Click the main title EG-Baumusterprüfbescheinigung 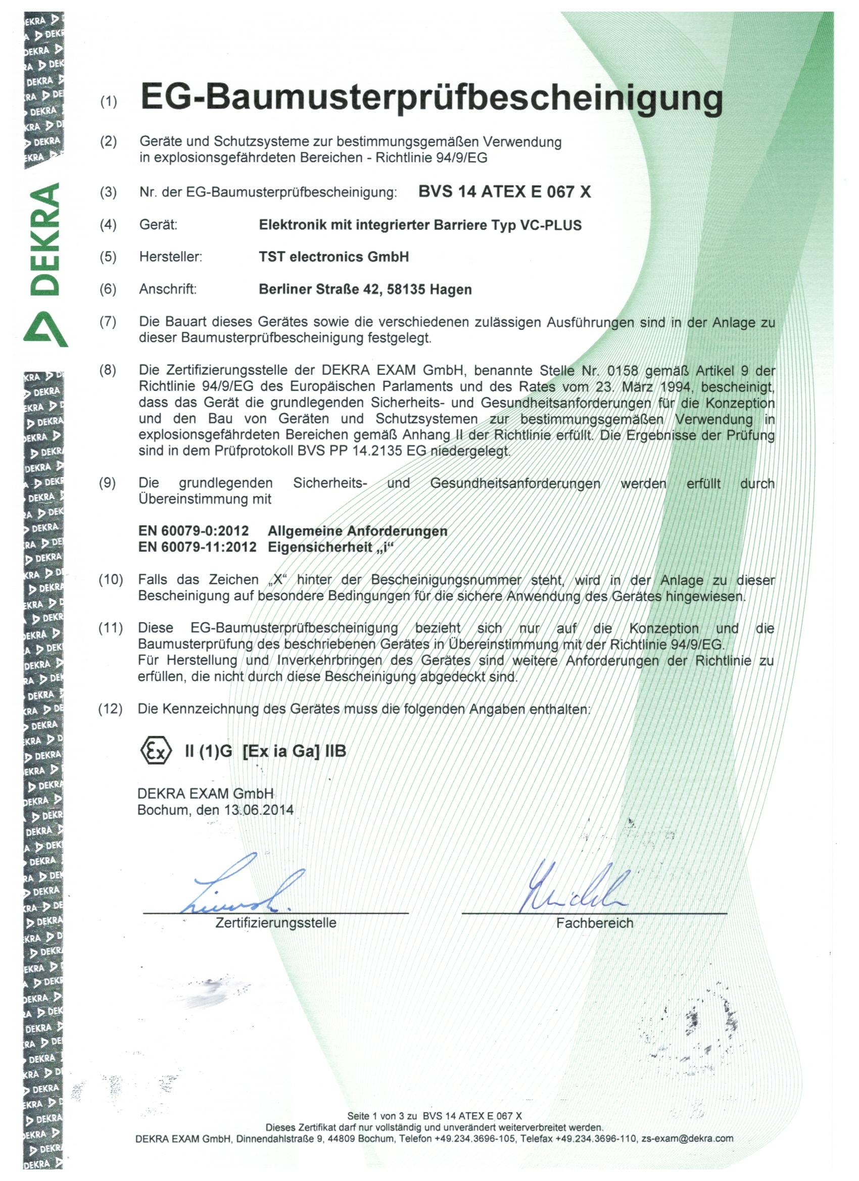click(432, 99)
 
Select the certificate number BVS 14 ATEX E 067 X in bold click(504, 192)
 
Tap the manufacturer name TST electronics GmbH click(333, 257)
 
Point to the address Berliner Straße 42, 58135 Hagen click(365, 289)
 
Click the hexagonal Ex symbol click(156, 751)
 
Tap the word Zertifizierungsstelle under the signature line click(275, 923)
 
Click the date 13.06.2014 click(259, 810)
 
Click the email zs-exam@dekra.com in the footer click(687, 1138)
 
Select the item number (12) click(111, 709)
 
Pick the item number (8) click(108, 371)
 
